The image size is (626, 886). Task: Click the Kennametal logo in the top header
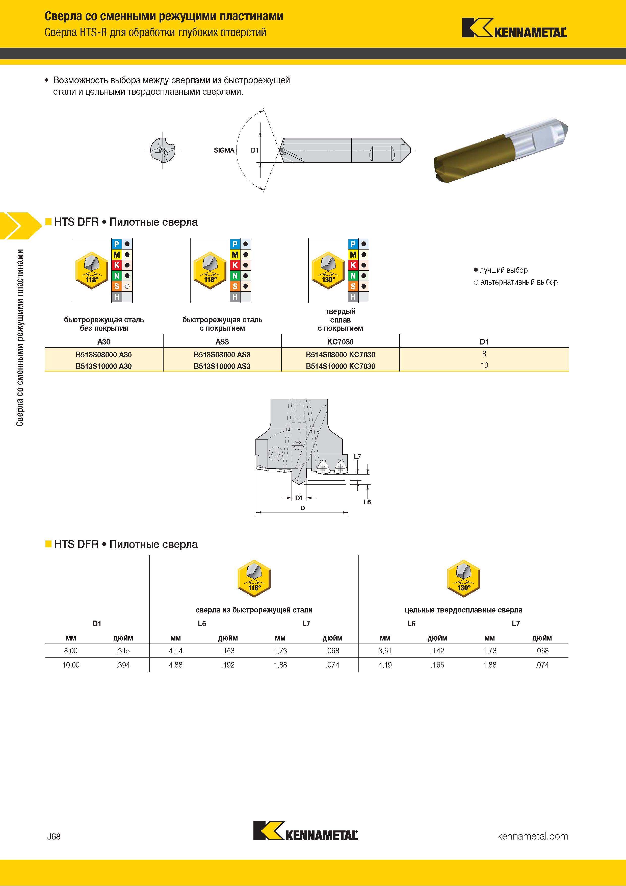514,28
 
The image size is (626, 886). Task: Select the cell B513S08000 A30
104,355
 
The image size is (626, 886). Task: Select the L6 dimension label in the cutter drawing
367,502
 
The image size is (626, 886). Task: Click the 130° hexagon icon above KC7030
328,270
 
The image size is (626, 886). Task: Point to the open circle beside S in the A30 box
127,286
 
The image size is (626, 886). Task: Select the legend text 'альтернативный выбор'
519,282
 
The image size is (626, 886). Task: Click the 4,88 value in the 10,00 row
176,665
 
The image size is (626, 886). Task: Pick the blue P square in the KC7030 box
353,244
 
